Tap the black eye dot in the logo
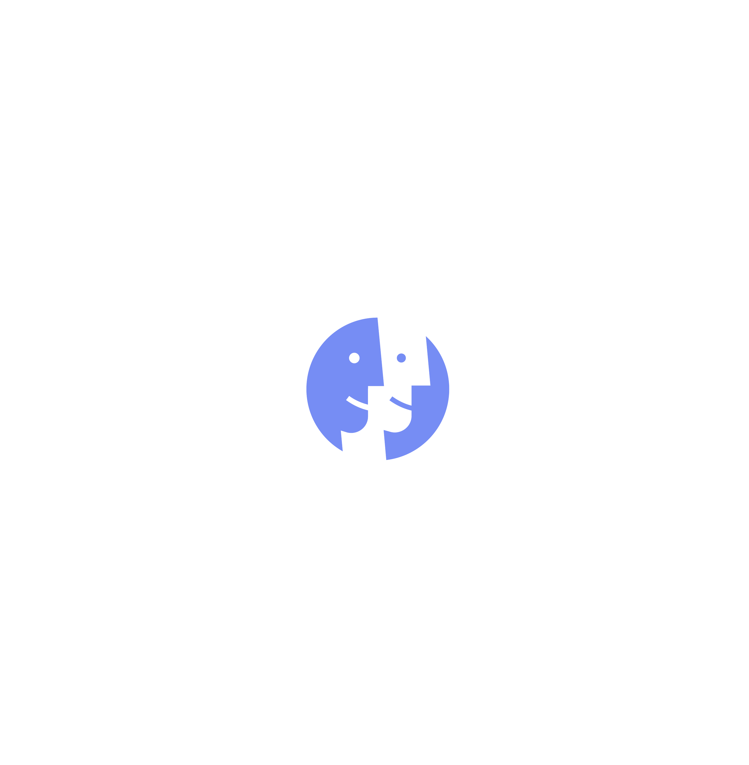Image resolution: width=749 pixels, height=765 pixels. click(x=354, y=358)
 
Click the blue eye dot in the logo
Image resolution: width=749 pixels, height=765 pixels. click(x=401, y=358)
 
